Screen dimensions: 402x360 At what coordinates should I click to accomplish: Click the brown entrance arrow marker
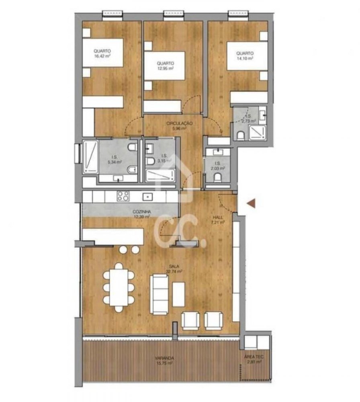pos(252,203)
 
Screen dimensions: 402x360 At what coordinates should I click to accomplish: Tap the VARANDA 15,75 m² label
pos(165,360)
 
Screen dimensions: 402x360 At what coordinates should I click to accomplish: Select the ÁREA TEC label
pos(254,359)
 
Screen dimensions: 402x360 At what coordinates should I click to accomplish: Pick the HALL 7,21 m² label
pos(218,219)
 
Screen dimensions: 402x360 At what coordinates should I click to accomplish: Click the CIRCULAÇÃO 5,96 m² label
pos(180,126)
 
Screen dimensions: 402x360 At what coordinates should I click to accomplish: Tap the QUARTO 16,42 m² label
pos(102,54)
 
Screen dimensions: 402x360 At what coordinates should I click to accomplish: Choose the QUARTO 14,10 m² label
pos(245,55)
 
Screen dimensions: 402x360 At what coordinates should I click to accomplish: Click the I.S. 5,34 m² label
pos(115,160)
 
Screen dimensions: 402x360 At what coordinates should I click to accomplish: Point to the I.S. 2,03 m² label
pos(217,166)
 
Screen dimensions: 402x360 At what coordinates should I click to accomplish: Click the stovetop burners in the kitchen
pos(123,196)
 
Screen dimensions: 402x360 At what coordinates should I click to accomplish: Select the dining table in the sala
pos(119,287)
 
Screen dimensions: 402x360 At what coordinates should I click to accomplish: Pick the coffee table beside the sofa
pos(178,294)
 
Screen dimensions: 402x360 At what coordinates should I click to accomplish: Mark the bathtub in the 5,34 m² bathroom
pos(90,158)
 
